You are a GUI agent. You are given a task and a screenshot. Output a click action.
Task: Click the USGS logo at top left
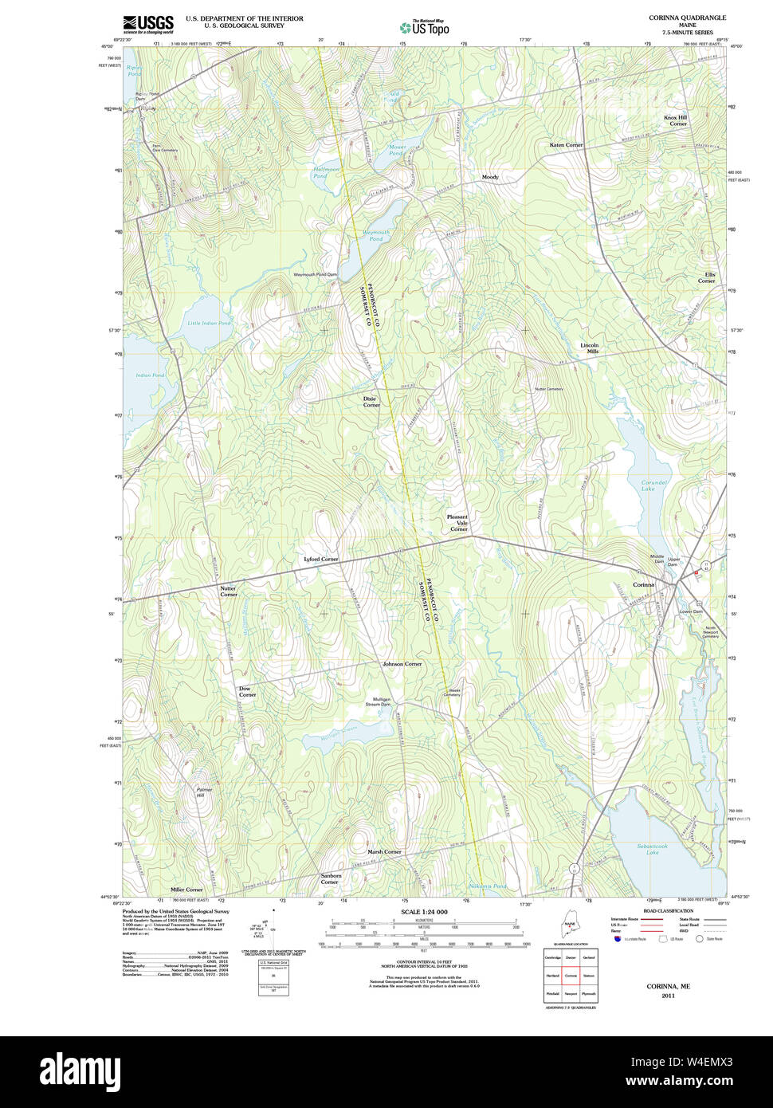pos(148,23)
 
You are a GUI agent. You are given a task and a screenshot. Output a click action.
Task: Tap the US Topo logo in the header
pos(425,27)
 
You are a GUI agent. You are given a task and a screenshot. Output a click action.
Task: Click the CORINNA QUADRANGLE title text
pos(687,18)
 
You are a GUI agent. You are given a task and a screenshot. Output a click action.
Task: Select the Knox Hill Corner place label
pos(676,120)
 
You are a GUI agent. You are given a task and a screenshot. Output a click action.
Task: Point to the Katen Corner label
pos(566,145)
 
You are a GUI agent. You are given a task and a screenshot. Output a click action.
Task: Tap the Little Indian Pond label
pos(209,323)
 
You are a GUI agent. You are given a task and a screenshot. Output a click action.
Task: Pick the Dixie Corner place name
pos(371,402)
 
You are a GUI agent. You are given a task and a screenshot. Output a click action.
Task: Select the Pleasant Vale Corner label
pos(458,523)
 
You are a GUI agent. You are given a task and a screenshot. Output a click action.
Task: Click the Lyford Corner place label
pos(321,559)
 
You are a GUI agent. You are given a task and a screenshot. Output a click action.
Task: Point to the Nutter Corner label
pos(229,591)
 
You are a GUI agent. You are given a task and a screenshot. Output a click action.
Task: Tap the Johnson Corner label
pos(402,663)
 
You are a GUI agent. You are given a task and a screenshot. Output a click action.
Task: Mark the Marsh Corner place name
pos(384,851)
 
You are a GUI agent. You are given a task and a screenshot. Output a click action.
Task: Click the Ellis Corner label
pos(706,277)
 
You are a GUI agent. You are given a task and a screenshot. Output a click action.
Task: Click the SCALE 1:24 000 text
pos(424,912)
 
